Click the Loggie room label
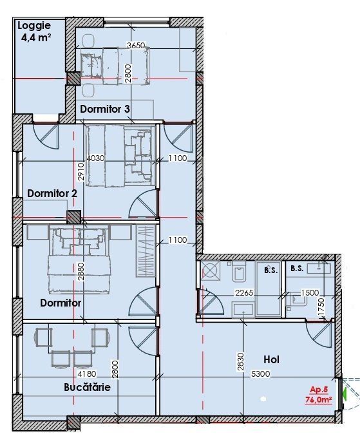[34, 26]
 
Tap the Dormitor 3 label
[105, 109]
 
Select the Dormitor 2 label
[52, 194]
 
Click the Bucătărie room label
[87, 387]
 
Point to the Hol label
[271, 360]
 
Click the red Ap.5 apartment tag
[319, 390]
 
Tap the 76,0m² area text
[319, 399]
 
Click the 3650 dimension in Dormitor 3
[137, 46]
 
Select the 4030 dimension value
[96, 158]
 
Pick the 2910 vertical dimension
[81, 171]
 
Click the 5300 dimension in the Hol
[261, 374]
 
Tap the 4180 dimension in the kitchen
[87, 374]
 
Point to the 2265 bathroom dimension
[244, 292]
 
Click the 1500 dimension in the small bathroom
[310, 292]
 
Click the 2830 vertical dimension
[241, 362]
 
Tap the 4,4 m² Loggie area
[36, 37]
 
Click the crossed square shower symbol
[211, 270]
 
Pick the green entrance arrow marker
[345, 393]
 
